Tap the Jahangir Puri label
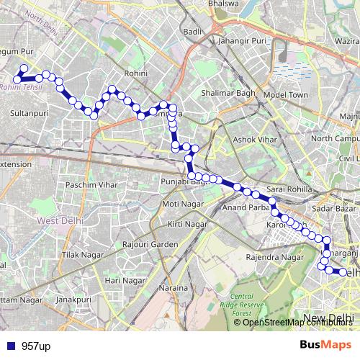pos(240,42)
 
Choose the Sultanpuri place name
pos(30,114)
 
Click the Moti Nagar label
pos(180,204)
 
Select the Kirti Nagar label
pos(185,225)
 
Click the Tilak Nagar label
pos(79,256)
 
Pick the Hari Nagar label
pos(121,279)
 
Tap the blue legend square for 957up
pos(9,346)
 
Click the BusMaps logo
pos(325,346)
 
